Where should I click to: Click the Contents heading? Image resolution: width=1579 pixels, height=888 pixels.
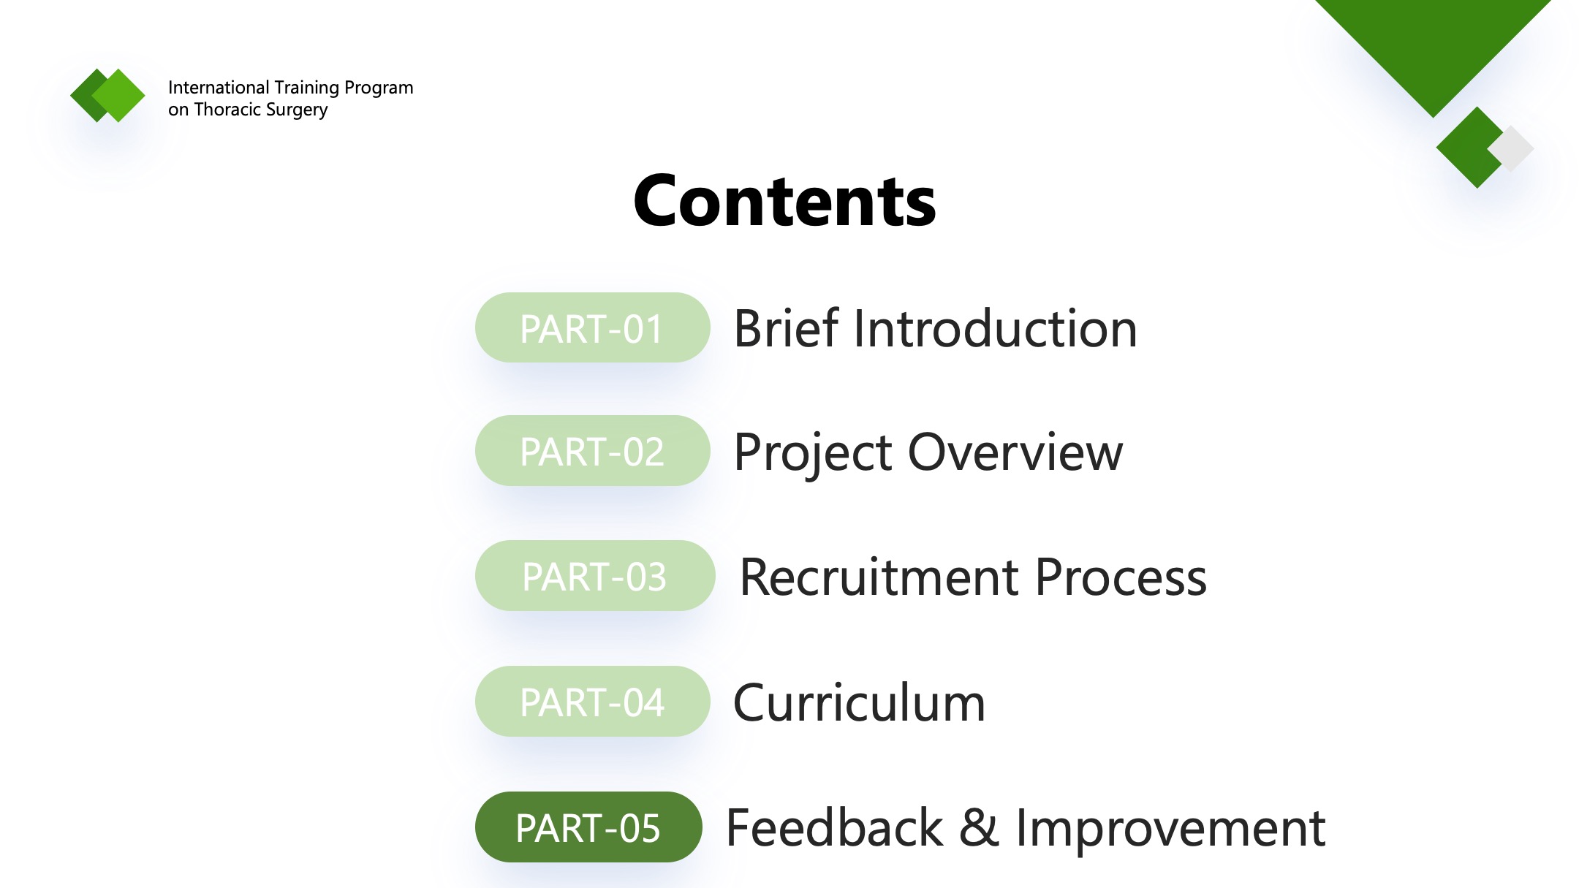(x=784, y=200)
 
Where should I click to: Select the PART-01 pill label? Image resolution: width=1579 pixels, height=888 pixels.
(x=592, y=328)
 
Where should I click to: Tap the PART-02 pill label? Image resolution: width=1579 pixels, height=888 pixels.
(x=592, y=451)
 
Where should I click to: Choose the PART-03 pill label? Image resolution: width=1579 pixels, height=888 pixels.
(x=594, y=576)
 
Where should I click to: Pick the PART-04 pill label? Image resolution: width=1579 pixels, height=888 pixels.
(x=592, y=702)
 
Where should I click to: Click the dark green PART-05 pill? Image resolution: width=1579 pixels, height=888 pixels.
(x=588, y=827)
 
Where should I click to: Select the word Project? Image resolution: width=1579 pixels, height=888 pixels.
(x=813, y=454)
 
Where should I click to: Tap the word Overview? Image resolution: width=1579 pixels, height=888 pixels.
(x=1015, y=452)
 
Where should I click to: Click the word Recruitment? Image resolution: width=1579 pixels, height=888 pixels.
(x=879, y=577)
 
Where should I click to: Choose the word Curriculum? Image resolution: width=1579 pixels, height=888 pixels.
(x=860, y=702)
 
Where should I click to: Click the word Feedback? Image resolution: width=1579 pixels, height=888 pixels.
(x=834, y=828)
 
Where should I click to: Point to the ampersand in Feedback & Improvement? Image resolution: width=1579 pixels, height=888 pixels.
(x=979, y=828)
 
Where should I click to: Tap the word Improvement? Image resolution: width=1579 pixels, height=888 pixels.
(x=1170, y=830)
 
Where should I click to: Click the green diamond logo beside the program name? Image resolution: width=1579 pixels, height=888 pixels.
(x=108, y=95)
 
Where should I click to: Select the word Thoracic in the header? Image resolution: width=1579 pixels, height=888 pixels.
(x=226, y=110)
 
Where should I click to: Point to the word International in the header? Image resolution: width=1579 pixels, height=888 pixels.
(x=219, y=88)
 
